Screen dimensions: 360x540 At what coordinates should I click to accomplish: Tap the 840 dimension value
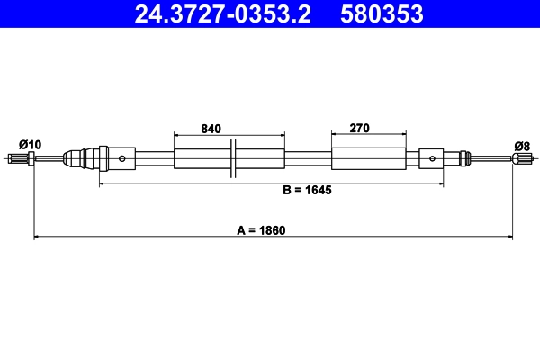[211, 129]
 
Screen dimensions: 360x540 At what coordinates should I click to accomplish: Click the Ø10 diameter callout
[30, 144]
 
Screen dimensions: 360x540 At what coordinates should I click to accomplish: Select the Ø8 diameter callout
[521, 144]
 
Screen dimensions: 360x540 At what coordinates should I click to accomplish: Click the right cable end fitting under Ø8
[520, 159]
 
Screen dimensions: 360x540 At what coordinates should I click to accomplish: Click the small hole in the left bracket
[115, 159]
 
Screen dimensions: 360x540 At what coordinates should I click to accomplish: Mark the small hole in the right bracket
[433, 159]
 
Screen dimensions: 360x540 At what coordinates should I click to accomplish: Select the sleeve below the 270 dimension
[368, 159]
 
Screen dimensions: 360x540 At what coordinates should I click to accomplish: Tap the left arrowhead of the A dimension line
[37, 238]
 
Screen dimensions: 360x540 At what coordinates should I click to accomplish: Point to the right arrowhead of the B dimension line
[440, 184]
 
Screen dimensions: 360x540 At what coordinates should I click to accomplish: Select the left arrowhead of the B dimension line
[103, 184]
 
